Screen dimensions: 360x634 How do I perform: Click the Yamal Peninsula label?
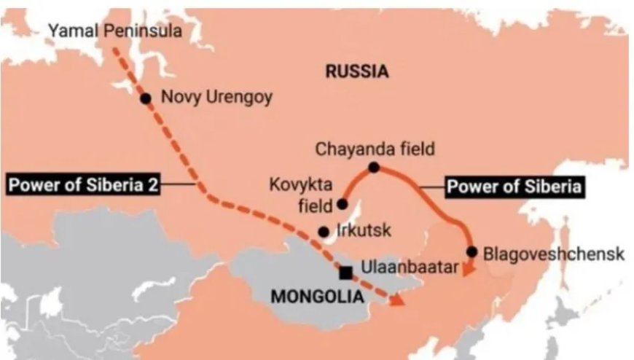pyautogui.click(x=114, y=30)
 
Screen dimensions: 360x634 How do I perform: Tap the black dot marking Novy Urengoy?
pyautogui.click(x=146, y=98)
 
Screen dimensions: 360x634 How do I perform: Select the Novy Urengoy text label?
pyautogui.click(x=216, y=97)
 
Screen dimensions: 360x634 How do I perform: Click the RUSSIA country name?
pyautogui.click(x=356, y=71)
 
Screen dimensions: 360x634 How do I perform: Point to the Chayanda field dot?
pyautogui.click(x=374, y=168)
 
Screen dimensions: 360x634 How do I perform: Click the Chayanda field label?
pyautogui.click(x=375, y=149)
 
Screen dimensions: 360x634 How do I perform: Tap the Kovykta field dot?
pyautogui.click(x=342, y=204)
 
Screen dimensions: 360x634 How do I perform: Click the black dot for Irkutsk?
pyautogui.click(x=324, y=232)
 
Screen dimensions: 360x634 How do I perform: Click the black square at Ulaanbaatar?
pyautogui.click(x=346, y=272)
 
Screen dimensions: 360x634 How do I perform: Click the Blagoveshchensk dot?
pyautogui.click(x=471, y=252)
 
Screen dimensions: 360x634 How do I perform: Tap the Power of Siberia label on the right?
pyautogui.click(x=514, y=187)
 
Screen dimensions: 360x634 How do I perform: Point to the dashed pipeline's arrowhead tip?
pyautogui.click(x=403, y=303)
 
